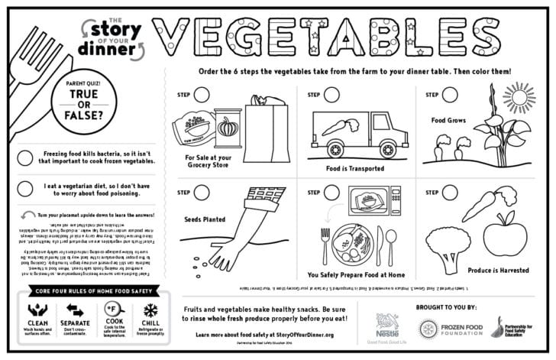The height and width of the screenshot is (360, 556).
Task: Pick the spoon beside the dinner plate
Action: [392, 245]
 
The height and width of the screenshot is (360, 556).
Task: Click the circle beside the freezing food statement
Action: [25, 157]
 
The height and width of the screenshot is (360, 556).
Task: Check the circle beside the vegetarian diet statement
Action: [25, 189]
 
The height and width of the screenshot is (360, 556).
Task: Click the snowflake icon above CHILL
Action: [150, 310]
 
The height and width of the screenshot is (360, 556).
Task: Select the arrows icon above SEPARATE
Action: [75, 310]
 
